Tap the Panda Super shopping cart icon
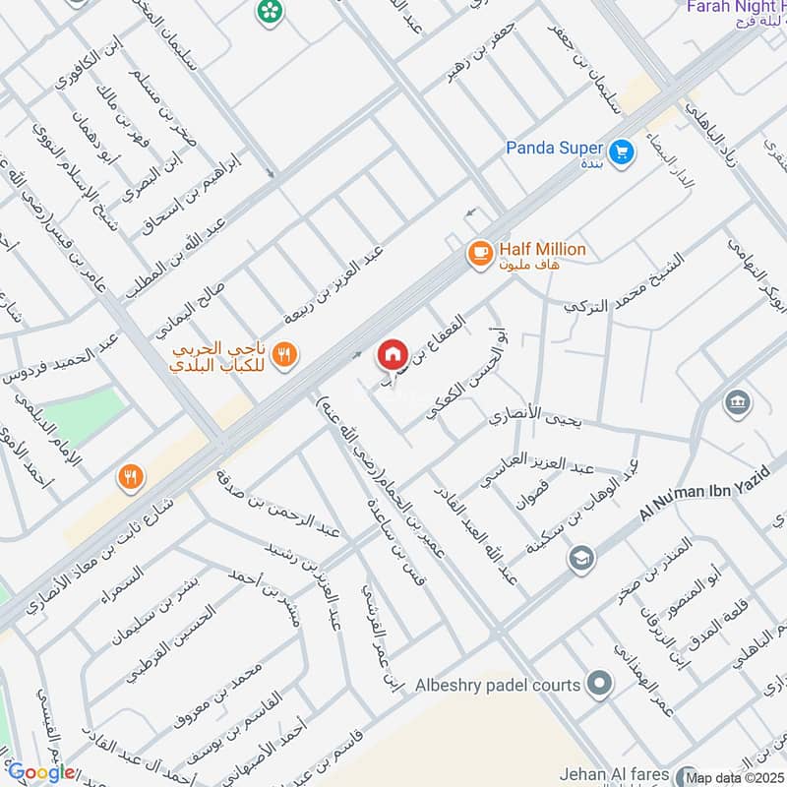pyautogui.click(x=620, y=151)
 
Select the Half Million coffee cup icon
pyautogui.click(x=479, y=253)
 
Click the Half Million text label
pyautogui.click(x=541, y=250)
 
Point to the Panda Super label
pyautogui.click(x=555, y=149)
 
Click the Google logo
pyautogui.click(x=41, y=772)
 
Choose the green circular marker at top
pyautogui.click(x=268, y=12)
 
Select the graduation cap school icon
pyautogui.click(x=581, y=558)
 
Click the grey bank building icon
pyautogui.click(x=737, y=402)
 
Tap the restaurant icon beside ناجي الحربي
pyautogui.click(x=284, y=355)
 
